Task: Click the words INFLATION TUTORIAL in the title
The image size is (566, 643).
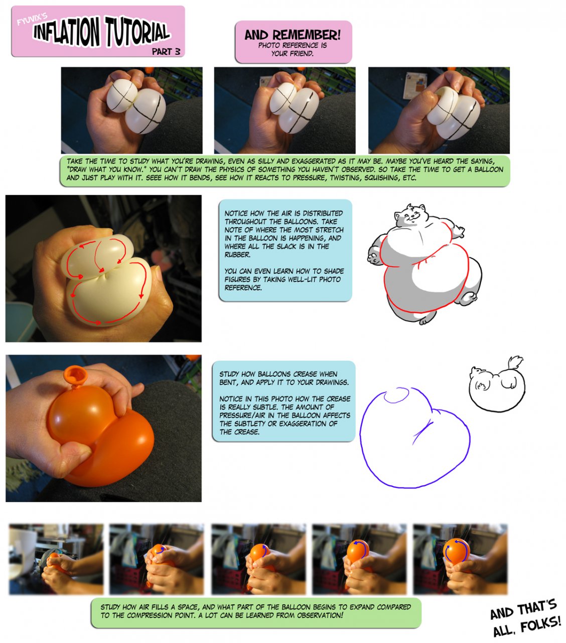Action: click(x=101, y=32)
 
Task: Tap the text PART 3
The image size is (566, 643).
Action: click(x=166, y=52)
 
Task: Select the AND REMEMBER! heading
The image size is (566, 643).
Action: click(x=293, y=35)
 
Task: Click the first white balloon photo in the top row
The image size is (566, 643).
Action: click(x=131, y=110)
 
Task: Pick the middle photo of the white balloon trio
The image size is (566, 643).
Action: click(x=285, y=110)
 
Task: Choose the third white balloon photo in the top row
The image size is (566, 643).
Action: click(x=439, y=110)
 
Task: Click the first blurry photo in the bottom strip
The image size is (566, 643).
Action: click(x=56, y=559)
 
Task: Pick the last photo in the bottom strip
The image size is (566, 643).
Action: click(x=460, y=559)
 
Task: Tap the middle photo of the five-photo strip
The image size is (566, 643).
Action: click(x=258, y=559)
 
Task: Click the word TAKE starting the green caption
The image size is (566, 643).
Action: click(x=75, y=161)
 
